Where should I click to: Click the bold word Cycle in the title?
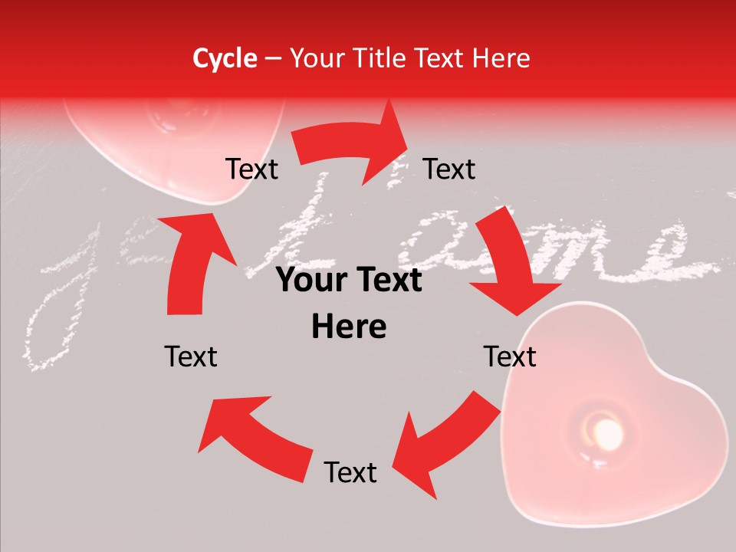tap(225, 58)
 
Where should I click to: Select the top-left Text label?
tap(251, 169)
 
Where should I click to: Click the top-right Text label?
tap(449, 169)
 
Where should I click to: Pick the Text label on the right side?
tap(510, 356)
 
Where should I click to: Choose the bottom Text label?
tap(350, 472)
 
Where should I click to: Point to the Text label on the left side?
tap(191, 356)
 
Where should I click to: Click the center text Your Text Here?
tap(349, 304)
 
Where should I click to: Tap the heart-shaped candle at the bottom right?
tap(613, 414)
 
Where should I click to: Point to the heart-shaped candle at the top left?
tap(176, 146)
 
